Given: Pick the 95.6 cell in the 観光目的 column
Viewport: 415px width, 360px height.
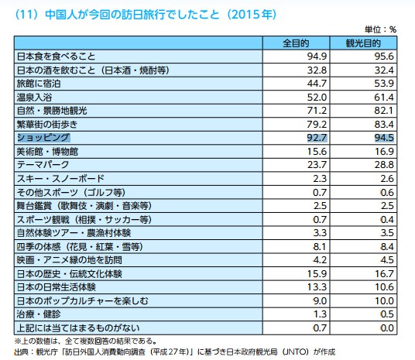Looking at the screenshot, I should (x=381, y=57).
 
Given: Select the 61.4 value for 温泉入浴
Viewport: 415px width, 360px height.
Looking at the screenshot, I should (x=381, y=97).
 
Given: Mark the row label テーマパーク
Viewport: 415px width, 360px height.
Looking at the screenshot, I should (x=43, y=164).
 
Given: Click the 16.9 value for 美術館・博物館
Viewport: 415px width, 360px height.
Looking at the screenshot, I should (x=381, y=151).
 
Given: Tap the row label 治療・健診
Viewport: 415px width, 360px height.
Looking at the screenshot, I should (x=39, y=313).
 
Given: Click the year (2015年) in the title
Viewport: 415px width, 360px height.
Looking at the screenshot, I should (x=249, y=14).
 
